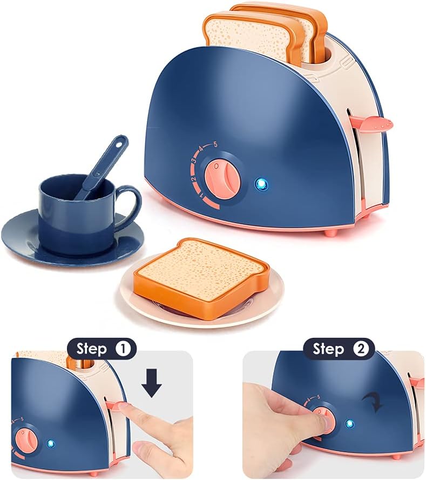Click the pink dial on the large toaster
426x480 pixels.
[221, 175]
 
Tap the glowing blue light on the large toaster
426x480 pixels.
[262, 184]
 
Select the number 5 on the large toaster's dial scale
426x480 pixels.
[215, 144]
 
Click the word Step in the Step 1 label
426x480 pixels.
[91, 349]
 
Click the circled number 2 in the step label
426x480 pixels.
[361, 349]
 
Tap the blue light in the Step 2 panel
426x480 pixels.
[350, 423]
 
